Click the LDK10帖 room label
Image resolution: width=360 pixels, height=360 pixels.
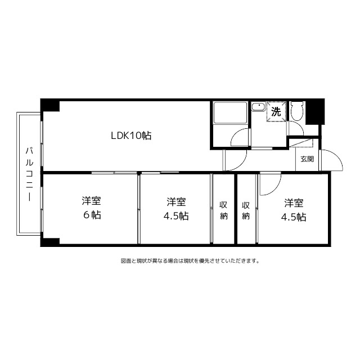[131, 136]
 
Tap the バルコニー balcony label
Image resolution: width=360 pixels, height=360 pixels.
[29, 174]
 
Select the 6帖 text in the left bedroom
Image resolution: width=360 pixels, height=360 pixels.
[92, 215]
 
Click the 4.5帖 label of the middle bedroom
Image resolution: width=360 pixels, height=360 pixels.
[176, 216]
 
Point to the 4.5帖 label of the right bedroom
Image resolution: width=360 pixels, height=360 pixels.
[294, 217]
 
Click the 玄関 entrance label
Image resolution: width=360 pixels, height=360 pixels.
[307, 159]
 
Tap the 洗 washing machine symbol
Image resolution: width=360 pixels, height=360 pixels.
[276, 111]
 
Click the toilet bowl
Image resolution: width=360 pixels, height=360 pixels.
[297, 111]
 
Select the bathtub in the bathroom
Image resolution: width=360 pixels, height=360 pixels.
[231, 112]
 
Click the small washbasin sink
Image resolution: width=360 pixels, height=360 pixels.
[258, 107]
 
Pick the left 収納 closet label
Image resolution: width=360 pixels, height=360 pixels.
[223, 210]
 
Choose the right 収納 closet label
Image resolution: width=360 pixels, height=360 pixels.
[246, 210]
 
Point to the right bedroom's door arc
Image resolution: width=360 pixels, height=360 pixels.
[275, 189]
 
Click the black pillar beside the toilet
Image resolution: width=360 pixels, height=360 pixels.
[315, 112]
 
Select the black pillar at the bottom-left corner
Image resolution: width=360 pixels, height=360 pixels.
[50, 242]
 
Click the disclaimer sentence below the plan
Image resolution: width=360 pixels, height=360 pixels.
[190, 261]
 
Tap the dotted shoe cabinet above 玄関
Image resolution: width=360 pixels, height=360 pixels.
[301, 143]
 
